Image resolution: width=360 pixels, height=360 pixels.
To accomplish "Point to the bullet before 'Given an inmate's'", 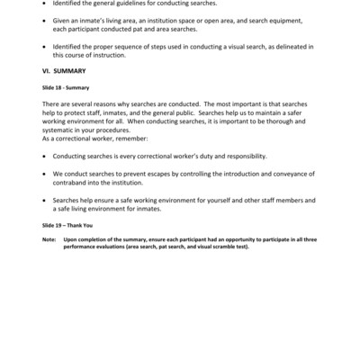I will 46,21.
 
